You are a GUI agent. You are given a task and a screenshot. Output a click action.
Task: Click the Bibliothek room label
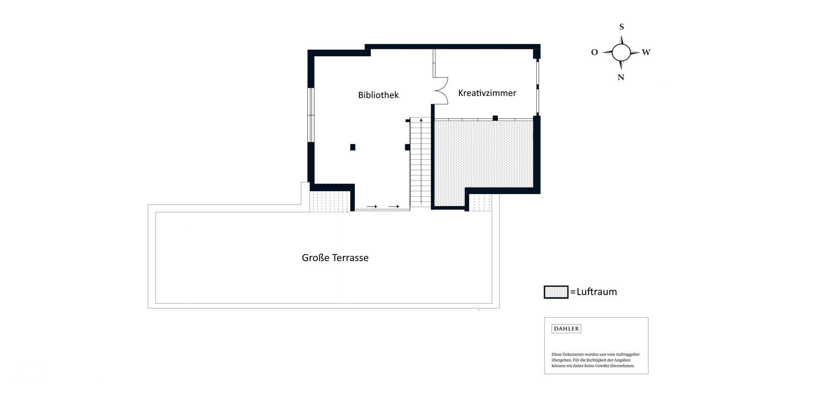(x=378, y=95)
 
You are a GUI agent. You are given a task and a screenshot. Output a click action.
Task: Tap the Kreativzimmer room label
(x=487, y=93)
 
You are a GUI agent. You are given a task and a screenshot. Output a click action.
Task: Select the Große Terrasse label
(x=335, y=258)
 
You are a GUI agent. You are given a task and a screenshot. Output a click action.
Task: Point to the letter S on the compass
(x=621, y=27)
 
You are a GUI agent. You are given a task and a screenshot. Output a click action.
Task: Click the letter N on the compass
(x=621, y=77)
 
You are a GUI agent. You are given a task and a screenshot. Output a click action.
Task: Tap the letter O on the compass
(x=594, y=53)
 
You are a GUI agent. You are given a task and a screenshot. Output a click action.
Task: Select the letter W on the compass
(x=646, y=52)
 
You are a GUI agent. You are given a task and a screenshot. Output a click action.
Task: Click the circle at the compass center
(x=621, y=53)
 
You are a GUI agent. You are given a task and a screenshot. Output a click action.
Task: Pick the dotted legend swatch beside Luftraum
(x=556, y=292)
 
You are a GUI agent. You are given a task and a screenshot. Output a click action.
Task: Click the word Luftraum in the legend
(x=596, y=292)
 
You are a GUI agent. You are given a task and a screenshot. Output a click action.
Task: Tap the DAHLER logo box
(x=566, y=329)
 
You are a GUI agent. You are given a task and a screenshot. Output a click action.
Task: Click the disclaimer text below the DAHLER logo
(x=595, y=360)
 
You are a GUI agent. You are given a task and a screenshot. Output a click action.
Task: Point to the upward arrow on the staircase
(x=421, y=161)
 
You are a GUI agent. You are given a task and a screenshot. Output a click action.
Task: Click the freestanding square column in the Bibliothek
(x=353, y=147)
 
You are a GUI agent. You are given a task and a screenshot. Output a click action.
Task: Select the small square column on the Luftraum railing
(x=495, y=118)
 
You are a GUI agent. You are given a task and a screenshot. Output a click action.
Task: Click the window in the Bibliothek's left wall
(x=311, y=115)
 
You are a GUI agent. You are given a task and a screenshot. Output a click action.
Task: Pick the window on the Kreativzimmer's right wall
(x=538, y=87)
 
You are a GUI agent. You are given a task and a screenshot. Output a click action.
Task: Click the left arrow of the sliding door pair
(x=372, y=206)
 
